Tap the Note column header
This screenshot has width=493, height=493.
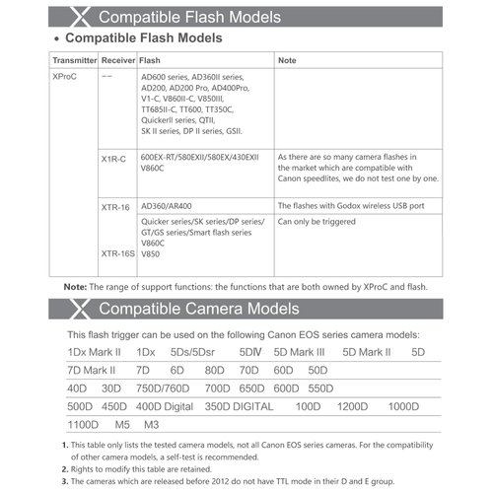(288, 60)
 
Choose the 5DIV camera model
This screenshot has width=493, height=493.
(249, 352)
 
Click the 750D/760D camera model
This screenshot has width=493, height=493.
(163, 388)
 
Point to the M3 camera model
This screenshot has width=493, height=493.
(151, 425)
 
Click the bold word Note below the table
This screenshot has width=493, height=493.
(75, 286)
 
